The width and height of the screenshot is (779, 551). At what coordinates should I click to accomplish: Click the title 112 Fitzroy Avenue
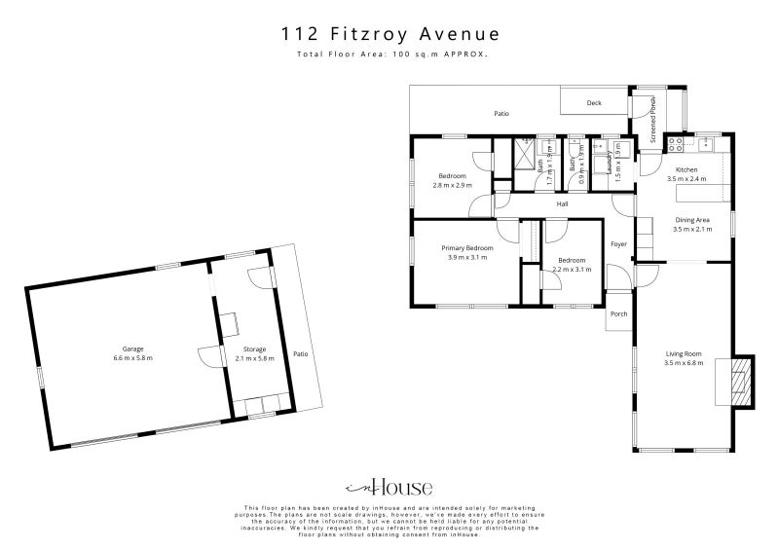(389, 34)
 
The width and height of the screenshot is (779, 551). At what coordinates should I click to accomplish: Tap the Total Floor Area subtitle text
(389, 55)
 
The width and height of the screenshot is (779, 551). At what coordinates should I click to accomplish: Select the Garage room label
(132, 349)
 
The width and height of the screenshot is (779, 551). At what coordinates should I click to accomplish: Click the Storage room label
(255, 349)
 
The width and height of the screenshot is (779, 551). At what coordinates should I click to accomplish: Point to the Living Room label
(683, 354)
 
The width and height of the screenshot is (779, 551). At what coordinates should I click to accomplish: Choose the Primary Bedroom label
(469, 248)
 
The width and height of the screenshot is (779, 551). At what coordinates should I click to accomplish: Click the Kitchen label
(686, 169)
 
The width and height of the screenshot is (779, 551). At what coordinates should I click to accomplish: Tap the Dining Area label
(692, 220)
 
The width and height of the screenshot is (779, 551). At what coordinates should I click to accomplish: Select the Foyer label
(618, 243)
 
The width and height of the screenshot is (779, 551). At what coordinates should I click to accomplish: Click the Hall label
(563, 204)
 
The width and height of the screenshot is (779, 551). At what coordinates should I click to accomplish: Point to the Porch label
(618, 313)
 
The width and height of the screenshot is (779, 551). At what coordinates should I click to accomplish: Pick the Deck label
(594, 102)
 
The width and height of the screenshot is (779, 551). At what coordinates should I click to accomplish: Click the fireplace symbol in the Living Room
(742, 380)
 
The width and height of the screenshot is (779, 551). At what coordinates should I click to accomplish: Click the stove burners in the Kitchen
(675, 145)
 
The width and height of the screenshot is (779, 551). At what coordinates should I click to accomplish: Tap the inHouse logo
(389, 488)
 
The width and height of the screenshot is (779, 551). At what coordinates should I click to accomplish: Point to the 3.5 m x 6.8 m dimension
(683, 364)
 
